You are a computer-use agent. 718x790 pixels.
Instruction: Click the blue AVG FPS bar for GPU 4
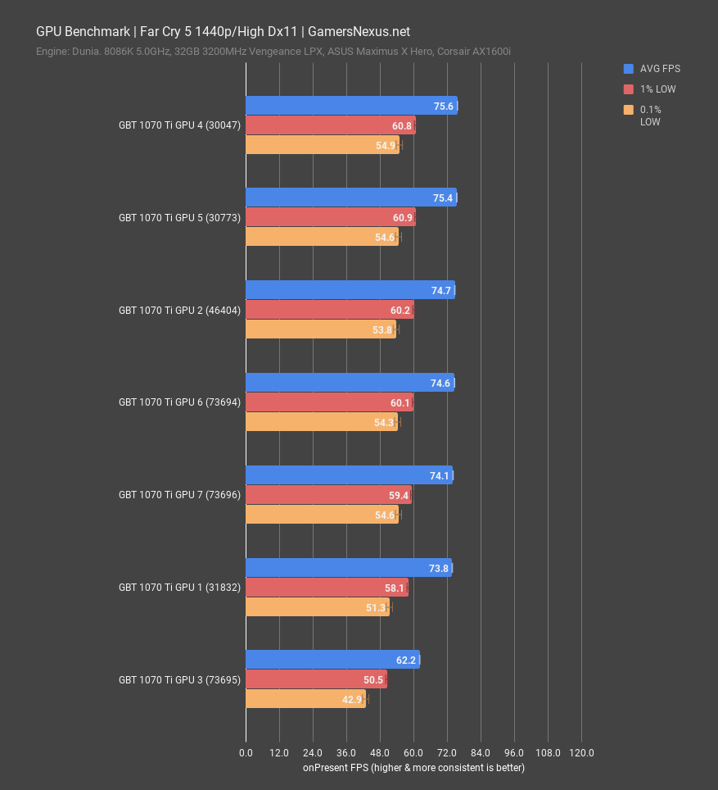350,106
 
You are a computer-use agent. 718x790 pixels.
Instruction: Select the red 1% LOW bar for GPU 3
316,679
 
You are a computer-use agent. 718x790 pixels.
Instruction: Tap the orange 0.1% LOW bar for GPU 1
317,607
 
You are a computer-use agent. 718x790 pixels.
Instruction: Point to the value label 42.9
353,699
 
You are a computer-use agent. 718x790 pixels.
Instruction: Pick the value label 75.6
444,106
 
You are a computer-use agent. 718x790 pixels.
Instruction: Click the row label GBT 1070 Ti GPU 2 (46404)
179,311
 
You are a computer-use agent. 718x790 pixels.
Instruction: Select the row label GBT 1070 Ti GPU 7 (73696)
179,495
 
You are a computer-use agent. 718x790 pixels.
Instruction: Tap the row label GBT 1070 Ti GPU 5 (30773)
179,218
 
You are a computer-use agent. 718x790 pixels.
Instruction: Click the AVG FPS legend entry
660,69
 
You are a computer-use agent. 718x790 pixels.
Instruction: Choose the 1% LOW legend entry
657,89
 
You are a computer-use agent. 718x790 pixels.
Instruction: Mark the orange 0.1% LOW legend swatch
628,110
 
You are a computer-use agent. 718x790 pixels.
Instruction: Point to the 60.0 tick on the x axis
413,752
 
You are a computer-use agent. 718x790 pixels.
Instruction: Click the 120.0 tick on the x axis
581,752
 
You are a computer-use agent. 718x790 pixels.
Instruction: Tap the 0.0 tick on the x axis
246,752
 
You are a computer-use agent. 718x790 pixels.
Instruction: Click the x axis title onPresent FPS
413,768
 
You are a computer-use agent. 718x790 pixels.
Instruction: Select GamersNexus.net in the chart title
359,32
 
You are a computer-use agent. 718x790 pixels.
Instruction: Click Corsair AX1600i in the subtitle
476,52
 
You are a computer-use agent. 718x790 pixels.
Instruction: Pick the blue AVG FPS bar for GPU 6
350,383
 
